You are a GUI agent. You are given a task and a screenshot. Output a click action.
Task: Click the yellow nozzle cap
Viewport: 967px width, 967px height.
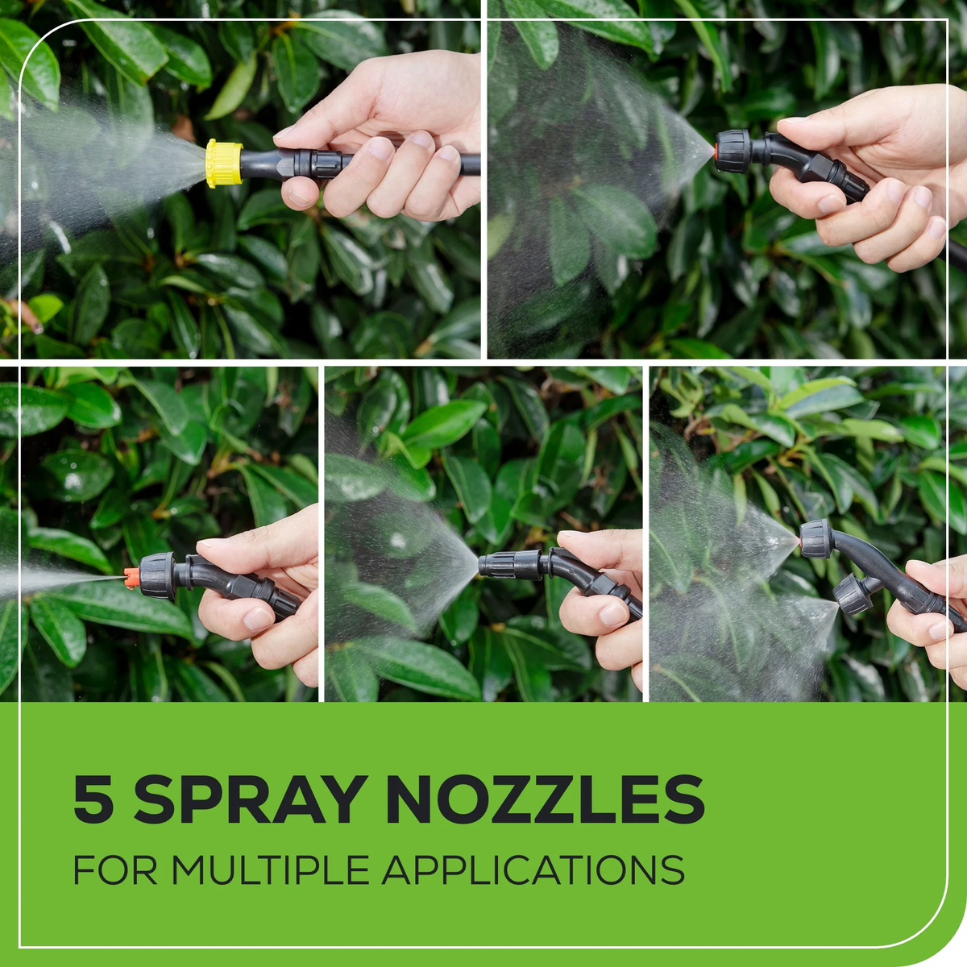224,163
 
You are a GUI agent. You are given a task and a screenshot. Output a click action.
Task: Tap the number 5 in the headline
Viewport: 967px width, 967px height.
93,799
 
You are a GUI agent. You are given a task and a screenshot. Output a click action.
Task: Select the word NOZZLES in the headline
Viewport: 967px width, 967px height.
545,799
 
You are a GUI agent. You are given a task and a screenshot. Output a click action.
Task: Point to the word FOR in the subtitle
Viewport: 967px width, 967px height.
115,869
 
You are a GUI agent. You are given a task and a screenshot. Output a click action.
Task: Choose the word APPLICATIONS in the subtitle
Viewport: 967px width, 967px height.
533,869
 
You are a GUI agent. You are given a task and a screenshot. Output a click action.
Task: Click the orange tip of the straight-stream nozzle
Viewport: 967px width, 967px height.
131,576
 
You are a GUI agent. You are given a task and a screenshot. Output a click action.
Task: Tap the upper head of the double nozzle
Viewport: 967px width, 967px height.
816,539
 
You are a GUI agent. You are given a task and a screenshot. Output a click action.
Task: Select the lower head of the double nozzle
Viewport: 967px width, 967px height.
850,594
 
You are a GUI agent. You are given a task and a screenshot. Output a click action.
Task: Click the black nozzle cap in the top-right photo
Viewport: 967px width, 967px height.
733,151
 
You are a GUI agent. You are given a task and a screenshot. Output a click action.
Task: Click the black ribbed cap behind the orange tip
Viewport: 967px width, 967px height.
156,575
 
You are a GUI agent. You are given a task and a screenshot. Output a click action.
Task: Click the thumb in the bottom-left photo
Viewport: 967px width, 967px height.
234,545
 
